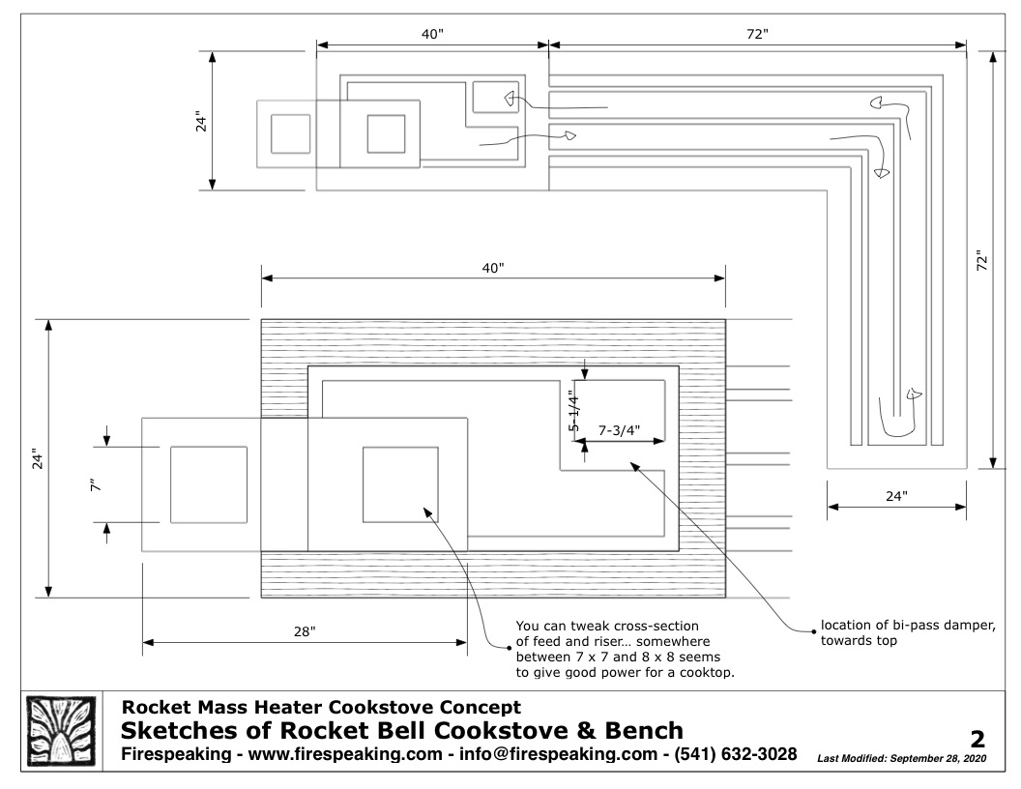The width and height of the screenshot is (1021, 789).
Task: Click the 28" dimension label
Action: [x=305, y=631]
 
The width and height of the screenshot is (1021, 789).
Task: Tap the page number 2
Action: [x=977, y=740]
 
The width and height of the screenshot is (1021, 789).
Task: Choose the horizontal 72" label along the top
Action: [x=758, y=34]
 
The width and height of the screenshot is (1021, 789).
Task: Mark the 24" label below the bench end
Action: [x=896, y=496]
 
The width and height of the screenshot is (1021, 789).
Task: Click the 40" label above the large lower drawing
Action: [x=493, y=267]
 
